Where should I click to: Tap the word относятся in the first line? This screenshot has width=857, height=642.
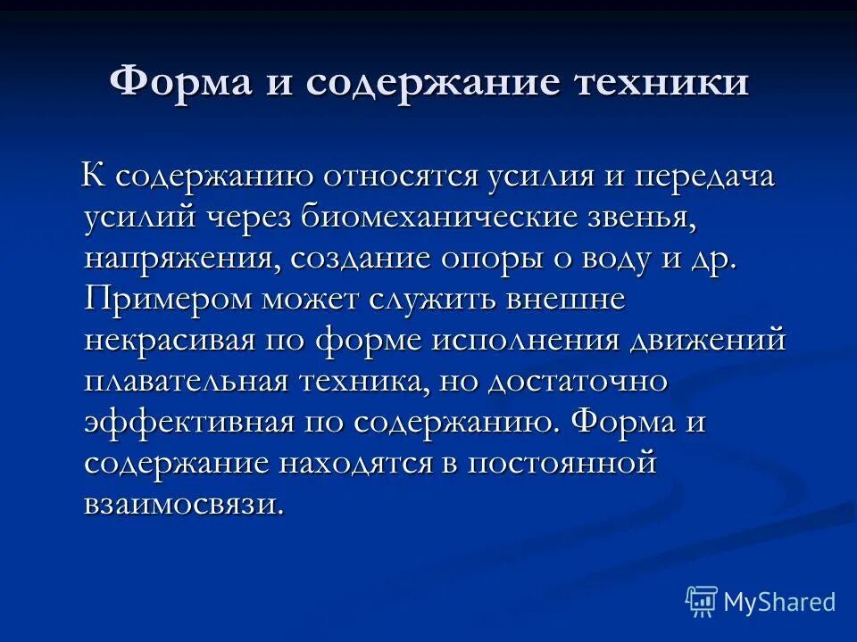(398, 176)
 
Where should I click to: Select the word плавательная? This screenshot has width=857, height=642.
(186, 382)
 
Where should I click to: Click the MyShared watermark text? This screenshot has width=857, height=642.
(779, 602)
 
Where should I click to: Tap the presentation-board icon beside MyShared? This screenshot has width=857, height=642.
(701, 602)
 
